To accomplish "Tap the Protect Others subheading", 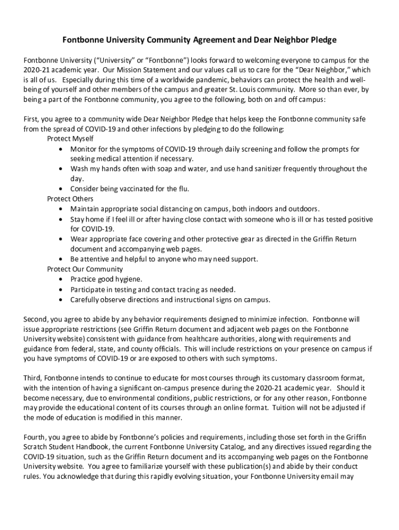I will tap(70, 199).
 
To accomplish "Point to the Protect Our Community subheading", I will tap(85, 269).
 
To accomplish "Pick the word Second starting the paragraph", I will tap(36, 319).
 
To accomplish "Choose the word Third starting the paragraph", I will tap(33, 378).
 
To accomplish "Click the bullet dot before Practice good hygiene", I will tap(62, 279).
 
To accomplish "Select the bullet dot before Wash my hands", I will tap(62, 169).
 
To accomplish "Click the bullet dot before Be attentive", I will tap(62, 259).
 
